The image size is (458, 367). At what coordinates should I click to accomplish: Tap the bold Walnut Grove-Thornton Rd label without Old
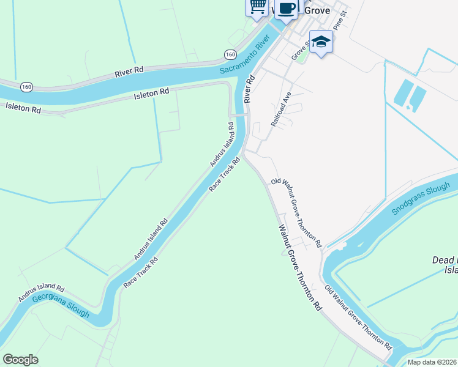pyautogui.click(x=300, y=269)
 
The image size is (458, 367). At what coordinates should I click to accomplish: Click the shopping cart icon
pyautogui.click(x=258, y=6)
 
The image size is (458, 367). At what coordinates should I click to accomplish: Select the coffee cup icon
pyautogui.click(x=287, y=8)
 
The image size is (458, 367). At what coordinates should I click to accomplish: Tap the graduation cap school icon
pyautogui.click(x=321, y=42)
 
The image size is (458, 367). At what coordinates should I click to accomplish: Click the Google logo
pyautogui.click(x=20, y=360)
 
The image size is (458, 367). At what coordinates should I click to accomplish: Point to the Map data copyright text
pyautogui.click(x=432, y=362)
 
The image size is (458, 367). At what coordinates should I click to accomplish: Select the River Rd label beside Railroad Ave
pyautogui.click(x=249, y=89)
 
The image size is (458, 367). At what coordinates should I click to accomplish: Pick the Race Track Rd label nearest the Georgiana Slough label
pyautogui.click(x=141, y=272)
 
